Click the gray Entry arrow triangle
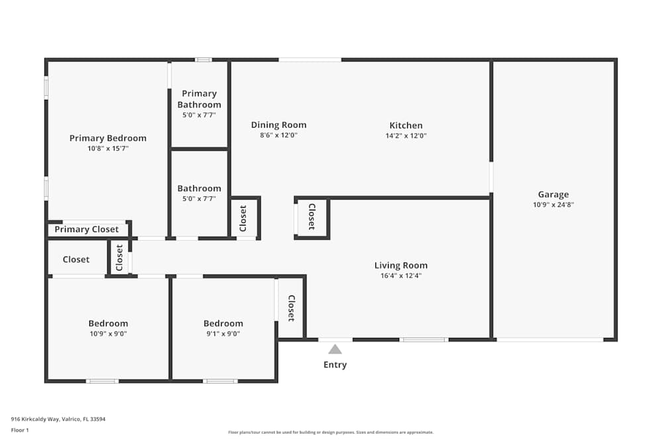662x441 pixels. click(335, 349)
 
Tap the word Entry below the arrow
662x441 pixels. click(335, 365)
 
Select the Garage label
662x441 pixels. click(553, 194)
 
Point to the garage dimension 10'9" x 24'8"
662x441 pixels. click(553, 205)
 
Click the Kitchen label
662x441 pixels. click(406, 125)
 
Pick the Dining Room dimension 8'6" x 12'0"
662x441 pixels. click(279, 136)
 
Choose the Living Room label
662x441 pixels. click(401, 265)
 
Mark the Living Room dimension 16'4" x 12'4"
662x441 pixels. click(401, 276)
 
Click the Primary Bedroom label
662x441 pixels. click(108, 138)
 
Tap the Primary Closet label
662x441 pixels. click(87, 229)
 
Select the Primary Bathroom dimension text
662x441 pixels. click(199, 114)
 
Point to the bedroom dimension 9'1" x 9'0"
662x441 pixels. click(223, 334)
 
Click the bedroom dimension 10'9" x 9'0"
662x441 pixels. click(108, 334)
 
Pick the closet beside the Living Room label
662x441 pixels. click(312, 217)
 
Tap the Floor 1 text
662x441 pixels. click(20, 430)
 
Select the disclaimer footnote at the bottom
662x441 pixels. click(330, 432)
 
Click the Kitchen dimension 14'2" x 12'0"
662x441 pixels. click(406, 136)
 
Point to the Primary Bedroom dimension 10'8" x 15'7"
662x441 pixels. click(108, 148)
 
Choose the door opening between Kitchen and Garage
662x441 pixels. click(491, 177)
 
